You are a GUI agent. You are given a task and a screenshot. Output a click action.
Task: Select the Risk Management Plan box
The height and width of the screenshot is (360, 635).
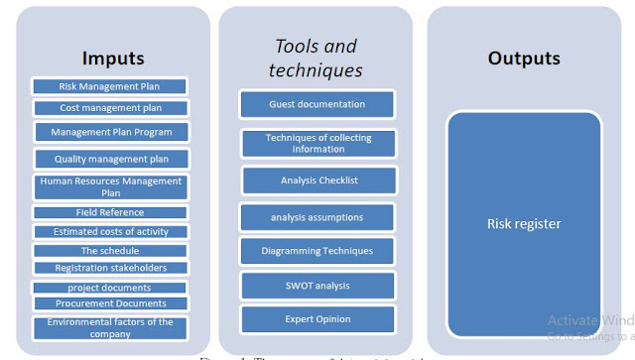tap(108, 86)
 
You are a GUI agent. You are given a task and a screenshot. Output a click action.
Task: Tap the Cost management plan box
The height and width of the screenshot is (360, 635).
tap(108, 107)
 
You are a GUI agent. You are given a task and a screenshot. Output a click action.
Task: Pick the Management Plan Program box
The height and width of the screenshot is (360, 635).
tap(108, 131)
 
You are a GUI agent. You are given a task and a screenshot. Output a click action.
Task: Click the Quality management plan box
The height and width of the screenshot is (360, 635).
tap(108, 158)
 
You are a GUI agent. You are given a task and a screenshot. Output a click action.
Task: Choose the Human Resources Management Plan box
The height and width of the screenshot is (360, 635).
tap(110, 187)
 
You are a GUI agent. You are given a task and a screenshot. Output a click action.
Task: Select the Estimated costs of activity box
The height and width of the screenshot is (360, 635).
tap(109, 231)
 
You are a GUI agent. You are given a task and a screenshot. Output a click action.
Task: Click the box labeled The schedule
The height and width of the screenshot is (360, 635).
tap(109, 250)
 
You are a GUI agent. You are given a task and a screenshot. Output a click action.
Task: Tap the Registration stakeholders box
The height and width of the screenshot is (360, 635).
tap(109, 268)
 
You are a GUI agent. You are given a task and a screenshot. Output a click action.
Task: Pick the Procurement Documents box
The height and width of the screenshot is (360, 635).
tap(109, 303)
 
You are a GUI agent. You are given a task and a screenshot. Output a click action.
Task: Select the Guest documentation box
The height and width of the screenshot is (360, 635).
tap(317, 104)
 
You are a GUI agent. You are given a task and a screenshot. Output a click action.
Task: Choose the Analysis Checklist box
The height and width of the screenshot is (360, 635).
tap(318, 180)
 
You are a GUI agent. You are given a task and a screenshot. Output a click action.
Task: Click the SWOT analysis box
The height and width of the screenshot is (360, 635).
tap(317, 286)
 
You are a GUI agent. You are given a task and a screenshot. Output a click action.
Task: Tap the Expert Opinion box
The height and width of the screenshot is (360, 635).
tap(317, 319)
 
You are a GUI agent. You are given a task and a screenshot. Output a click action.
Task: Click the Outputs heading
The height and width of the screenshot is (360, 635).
tap(523, 59)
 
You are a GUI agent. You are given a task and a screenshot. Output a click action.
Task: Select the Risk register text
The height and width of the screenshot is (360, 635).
tap(525, 224)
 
